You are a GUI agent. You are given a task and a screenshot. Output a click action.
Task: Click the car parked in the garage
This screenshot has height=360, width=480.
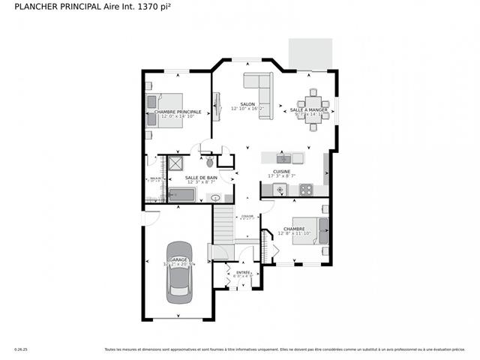178,270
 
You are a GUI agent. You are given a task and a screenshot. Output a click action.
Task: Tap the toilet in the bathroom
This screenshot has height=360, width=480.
210,161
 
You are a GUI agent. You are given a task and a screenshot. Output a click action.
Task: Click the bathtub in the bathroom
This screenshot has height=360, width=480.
181,195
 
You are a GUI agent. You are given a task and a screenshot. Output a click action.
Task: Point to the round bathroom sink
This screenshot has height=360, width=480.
216,198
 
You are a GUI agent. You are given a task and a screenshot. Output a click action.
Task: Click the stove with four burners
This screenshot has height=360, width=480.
306,190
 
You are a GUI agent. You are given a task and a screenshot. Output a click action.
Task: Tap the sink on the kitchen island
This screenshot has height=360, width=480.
283,158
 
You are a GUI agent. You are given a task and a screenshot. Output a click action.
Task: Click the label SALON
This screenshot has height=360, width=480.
247,104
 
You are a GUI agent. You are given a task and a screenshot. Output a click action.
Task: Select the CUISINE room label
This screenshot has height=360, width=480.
281,171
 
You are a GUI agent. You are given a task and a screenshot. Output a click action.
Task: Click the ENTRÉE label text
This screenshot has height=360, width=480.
243,272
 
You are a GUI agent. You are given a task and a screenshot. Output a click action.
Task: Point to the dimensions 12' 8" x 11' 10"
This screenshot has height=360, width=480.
293,234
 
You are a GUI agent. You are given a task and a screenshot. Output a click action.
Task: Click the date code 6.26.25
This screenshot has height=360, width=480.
21,349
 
